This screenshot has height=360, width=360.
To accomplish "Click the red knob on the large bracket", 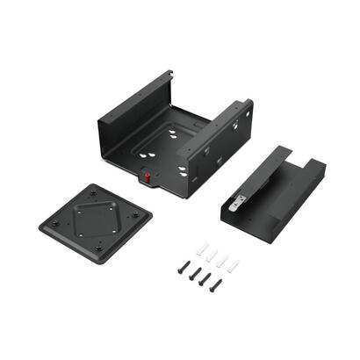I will [x=148, y=178].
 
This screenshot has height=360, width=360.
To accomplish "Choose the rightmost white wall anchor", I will [x=234, y=266].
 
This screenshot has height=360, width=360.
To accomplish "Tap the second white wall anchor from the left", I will [x=212, y=255].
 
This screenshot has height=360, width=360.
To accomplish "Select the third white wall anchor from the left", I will [x=223, y=261].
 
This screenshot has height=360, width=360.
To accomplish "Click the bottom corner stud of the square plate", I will [x=97, y=248].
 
